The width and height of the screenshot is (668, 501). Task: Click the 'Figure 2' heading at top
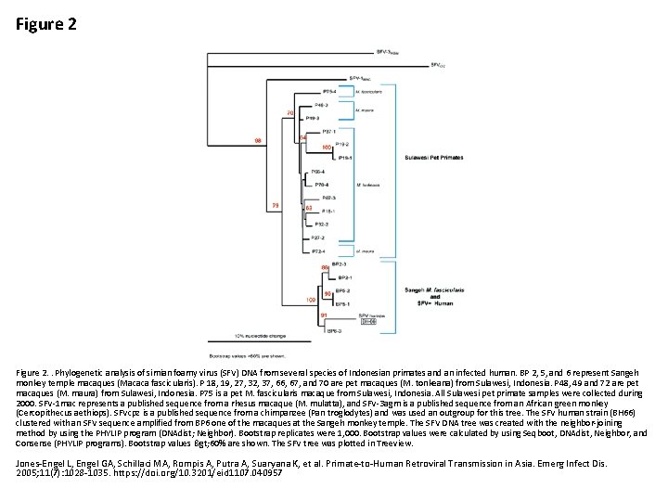pyautogui.click(x=46, y=24)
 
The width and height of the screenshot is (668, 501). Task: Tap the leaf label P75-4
pyautogui.click(x=328, y=92)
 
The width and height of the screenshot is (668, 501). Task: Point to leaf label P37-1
pyautogui.click(x=328, y=131)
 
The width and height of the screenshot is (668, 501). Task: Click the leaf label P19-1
pyautogui.click(x=344, y=158)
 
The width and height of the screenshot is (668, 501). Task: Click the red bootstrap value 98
pyautogui.click(x=258, y=140)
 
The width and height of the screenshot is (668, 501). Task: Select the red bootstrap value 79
pyautogui.click(x=276, y=205)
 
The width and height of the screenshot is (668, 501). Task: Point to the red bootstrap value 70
pyautogui.click(x=290, y=113)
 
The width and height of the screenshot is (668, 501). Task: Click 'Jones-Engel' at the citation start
pyautogui.click(x=38, y=460)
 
